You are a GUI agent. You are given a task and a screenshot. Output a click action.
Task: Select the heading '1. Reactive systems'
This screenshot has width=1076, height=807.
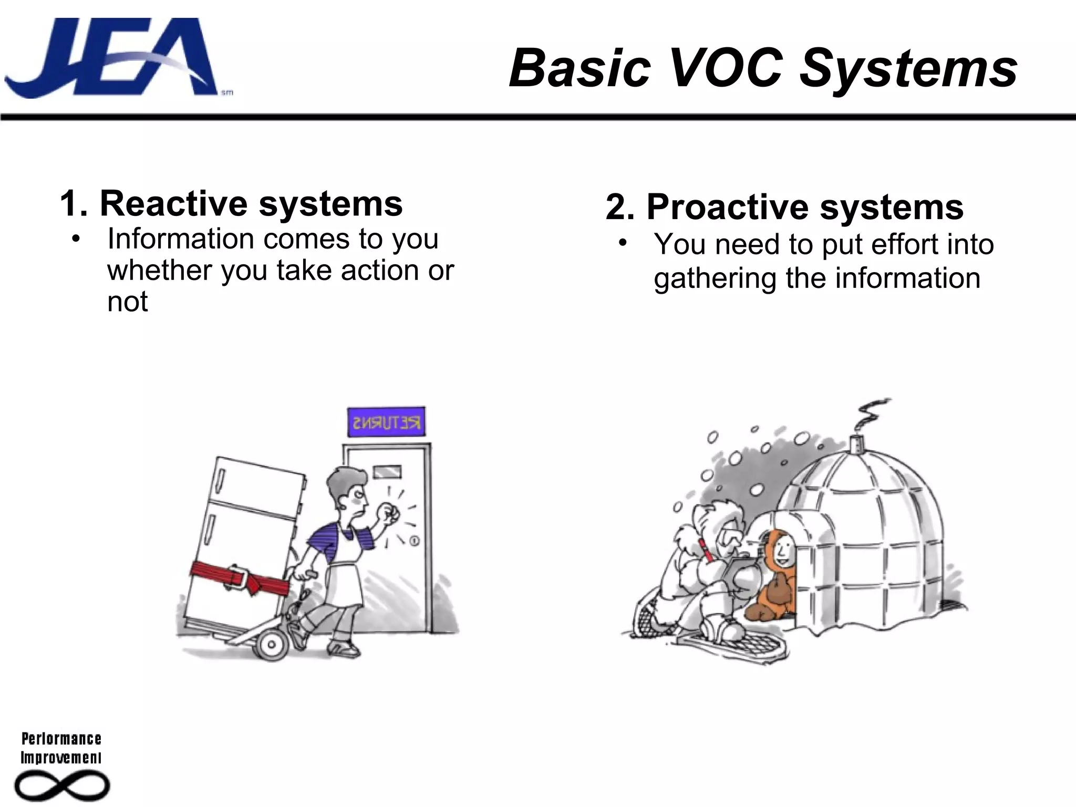click(x=231, y=204)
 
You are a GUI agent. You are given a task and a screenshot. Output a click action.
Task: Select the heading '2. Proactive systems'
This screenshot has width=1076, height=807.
click(x=784, y=207)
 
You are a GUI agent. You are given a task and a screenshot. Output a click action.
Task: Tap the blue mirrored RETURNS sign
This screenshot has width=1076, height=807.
click(x=386, y=422)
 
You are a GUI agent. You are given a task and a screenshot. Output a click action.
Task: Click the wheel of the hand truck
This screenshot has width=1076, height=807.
click(x=272, y=644)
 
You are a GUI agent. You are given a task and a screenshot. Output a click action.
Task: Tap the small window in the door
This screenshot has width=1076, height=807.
click(x=387, y=472)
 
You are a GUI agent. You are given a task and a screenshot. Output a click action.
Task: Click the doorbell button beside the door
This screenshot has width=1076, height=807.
click(x=414, y=540)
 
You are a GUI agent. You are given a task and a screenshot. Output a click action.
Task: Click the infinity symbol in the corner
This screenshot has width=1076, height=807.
click(x=62, y=786)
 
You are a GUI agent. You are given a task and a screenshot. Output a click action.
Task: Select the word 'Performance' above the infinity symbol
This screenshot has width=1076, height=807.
click(x=61, y=739)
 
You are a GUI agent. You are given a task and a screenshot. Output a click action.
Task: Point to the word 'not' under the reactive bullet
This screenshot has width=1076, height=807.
click(x=127, y=302)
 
